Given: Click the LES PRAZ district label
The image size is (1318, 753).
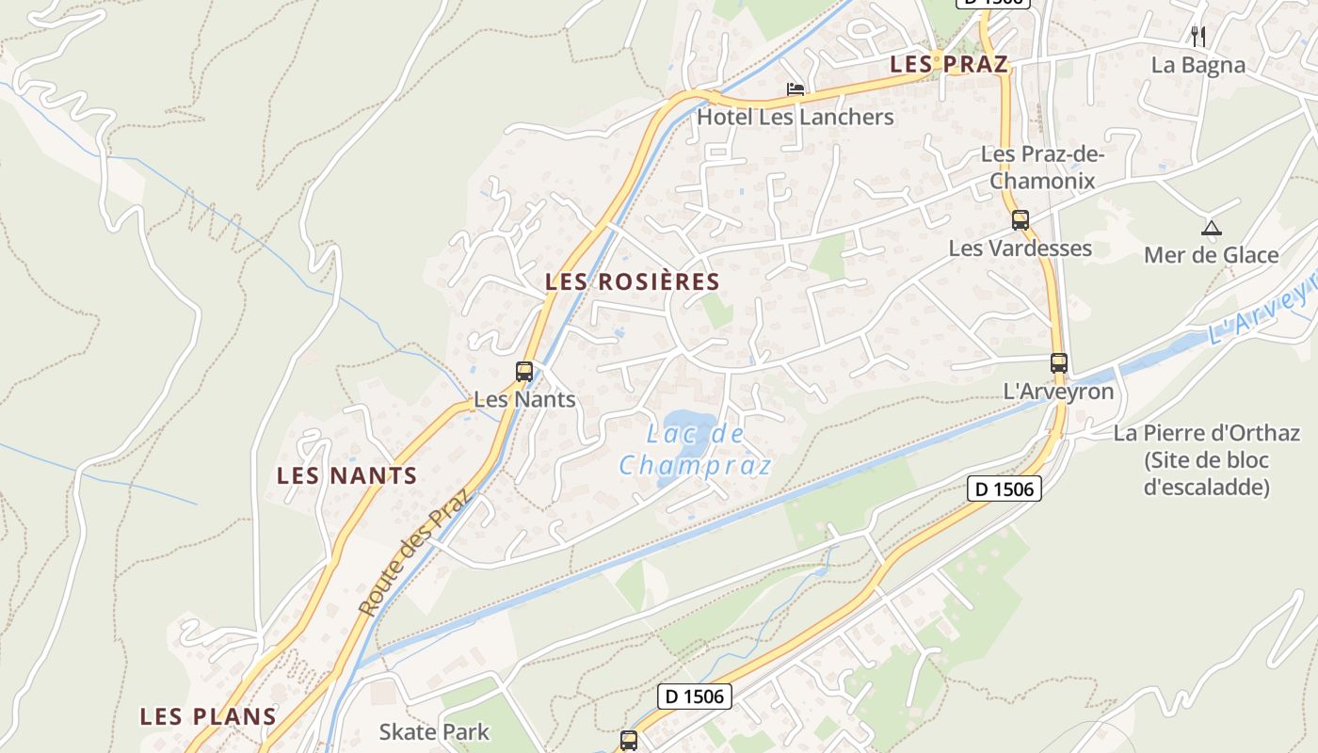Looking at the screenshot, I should pyautogui.click(x=949, y=64).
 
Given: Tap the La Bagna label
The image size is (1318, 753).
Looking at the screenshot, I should pyautogui.click(x=1198, y=65).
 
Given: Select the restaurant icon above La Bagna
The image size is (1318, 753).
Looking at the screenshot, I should pyautogui.click(x=1198, y=37).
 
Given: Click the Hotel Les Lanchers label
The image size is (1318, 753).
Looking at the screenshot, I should pyautogui.click(x=796, y=117).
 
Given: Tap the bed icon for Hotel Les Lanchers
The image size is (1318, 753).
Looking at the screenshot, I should pyautogui.click(x=796, y=90).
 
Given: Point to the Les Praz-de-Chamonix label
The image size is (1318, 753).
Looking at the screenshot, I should pyautogui.click(x=1042, y=167).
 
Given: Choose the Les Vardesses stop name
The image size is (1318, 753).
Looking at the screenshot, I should pyautogui.click(x=1021, y=248).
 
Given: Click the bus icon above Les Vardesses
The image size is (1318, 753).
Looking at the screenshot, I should pyautogui.click(x=1021, y=220).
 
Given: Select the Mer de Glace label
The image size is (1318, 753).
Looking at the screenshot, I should pyautogui.click(x=1211, y=255).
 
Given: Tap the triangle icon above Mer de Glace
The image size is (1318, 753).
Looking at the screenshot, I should pyautogui.click(x=1211, y=228).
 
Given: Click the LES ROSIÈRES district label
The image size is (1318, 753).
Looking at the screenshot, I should pyautogui.click(x=633, y=281).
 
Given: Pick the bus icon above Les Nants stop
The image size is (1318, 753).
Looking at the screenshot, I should pyautogui.click(x=524, y=372).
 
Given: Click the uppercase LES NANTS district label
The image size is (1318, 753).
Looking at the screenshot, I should pyautogui.click(x=346, y=475).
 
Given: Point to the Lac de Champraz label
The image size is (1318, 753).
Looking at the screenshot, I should pyautogui.click(x=697, y=450).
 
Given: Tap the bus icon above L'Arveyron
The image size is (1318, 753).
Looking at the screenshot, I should pyautogui.click(x=1059, y=363).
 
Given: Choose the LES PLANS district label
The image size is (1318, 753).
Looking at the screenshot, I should pyautogui.click(x=208, y=716).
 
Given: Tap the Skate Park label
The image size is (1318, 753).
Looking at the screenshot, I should pyautogui.click(x=434, y=731).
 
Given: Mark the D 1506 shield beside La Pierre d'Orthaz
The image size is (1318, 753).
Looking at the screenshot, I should pyautogui.click(x=1005, y=489).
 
